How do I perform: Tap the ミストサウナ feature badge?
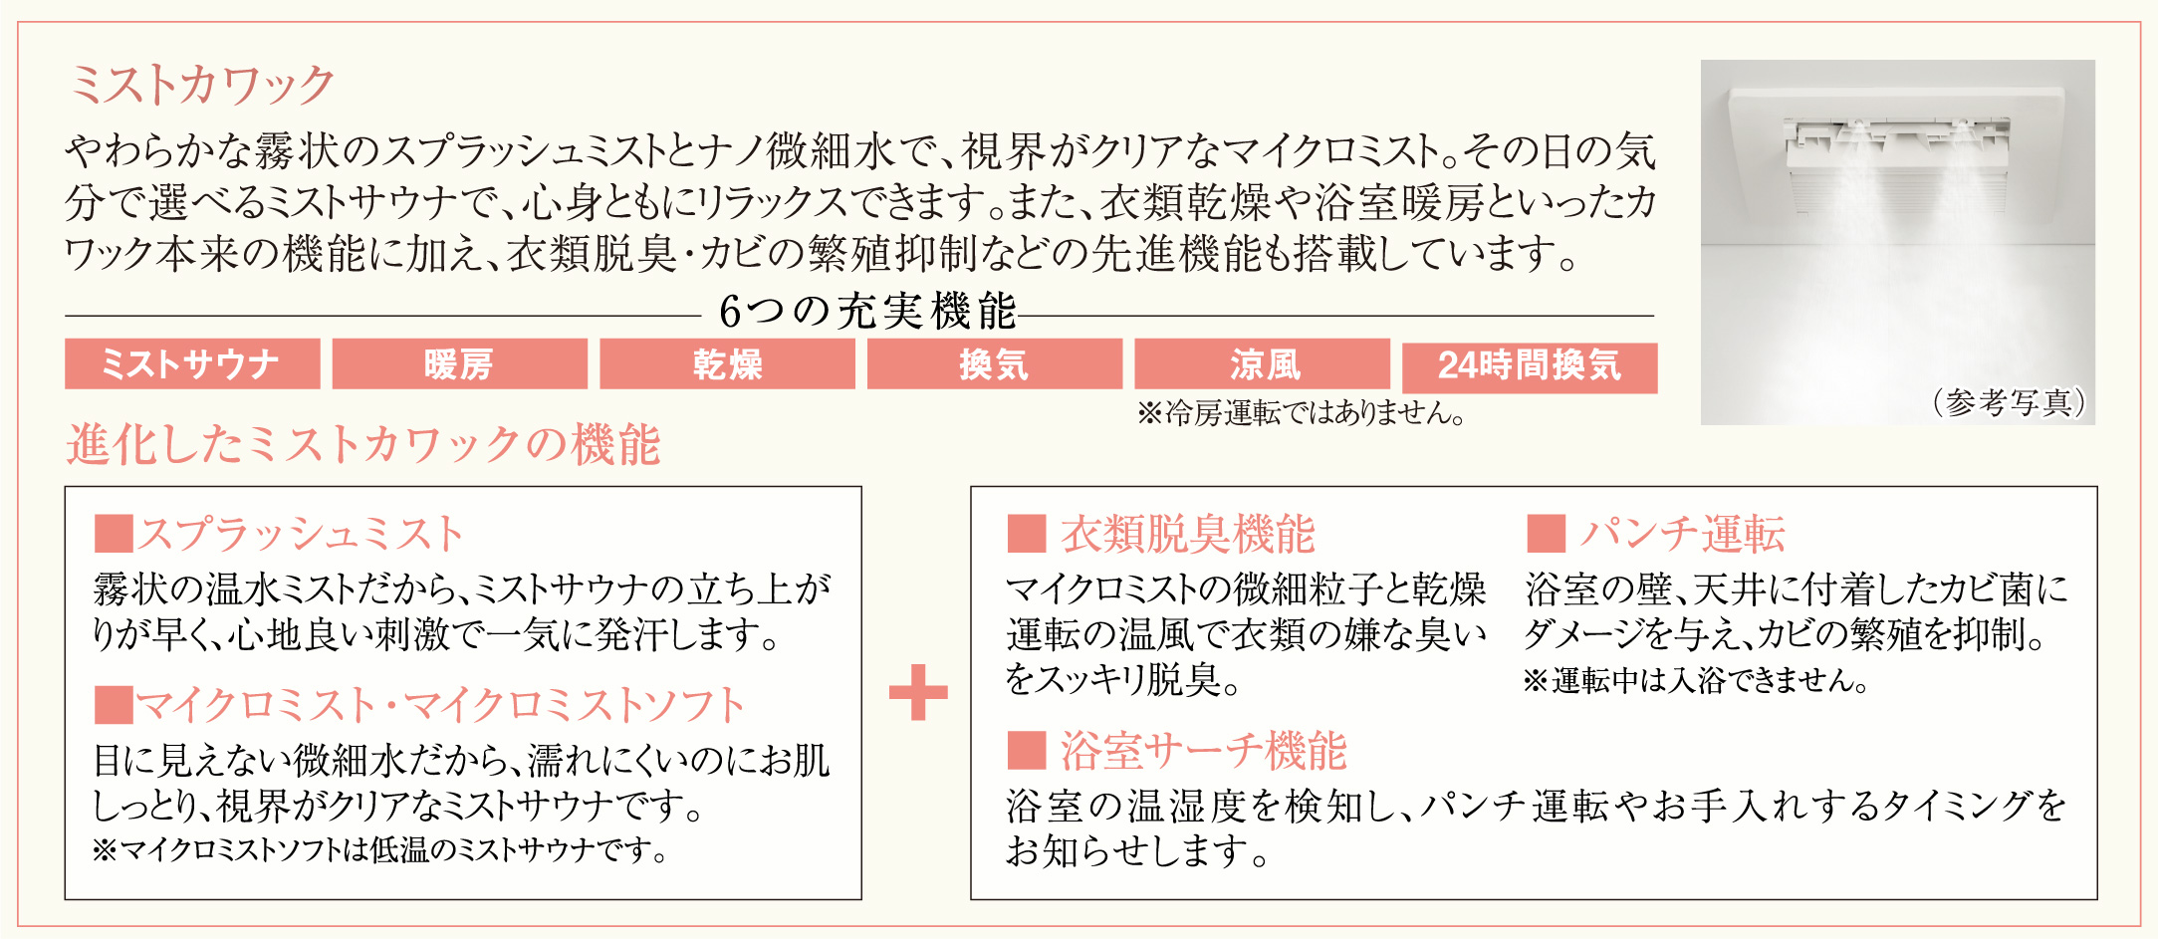[x=192, y=364]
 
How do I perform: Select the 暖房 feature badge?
[x=459, y=364]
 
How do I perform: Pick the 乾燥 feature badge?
[x=727, y=364]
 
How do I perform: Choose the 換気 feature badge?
[x=994, y=364]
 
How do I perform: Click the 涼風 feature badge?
[x=1262, y=364]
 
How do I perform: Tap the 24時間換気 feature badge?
[x=1530, y=367]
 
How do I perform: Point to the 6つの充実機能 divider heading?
[x=866, y=312]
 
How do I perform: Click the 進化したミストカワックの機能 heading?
[x=363, y=444]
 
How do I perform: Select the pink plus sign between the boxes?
[x=917, y=692]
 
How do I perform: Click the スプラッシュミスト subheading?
[x=301, y=534]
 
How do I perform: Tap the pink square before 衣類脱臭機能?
[x=1026, y=534]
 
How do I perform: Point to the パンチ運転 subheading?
[x=1682, y=534]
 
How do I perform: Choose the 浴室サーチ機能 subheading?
[x=1203, y=750]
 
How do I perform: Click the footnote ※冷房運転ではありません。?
[x=1301, y=413]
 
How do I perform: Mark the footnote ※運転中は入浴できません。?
[x=1695, y=681]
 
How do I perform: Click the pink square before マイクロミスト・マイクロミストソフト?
[x=114, y=705]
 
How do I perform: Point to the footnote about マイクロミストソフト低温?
[x=379, y=850]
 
